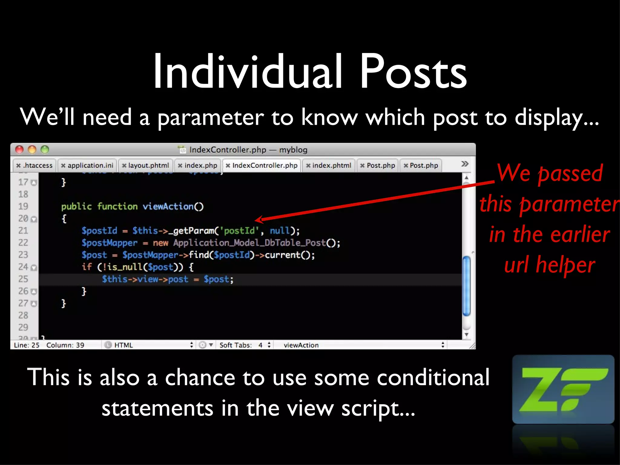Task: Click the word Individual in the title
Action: point(248,72)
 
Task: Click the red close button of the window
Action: point(19,150)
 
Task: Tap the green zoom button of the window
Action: point(45,150)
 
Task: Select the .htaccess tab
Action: point(35,165)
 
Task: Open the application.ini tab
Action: point(87,165)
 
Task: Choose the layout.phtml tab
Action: point(146,165)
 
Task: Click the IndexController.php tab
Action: point(262,165)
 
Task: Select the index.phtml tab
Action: point(329,165)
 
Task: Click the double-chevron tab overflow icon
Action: point(465,164)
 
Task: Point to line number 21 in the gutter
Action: point(23,231)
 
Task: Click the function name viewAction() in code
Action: point(173,206)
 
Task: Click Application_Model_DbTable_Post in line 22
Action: point(249,243)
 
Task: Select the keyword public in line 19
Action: point(76,206)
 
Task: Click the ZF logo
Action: point(563,389)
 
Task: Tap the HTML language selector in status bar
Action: point(124,345)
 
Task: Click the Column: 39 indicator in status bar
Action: point(65,345)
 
